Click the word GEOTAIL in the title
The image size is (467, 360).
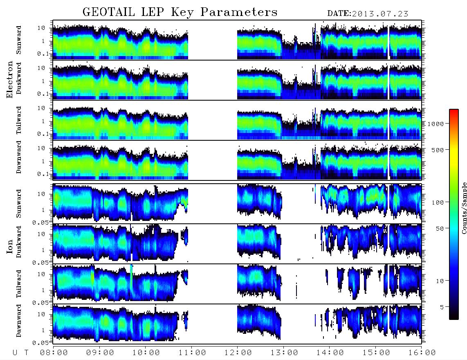(x=109, y=12)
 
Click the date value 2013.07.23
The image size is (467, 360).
(x=380, y=14)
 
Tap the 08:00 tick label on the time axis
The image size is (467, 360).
(x=54, y=353)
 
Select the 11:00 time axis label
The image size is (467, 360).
(x=192, y=353)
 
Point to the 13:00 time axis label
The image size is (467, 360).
(x=284, y=353)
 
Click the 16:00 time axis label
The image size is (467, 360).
(x=422, y=353)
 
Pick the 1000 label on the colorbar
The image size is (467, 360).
(x=436, y=124)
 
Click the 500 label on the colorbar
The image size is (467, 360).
(x=438, y=150)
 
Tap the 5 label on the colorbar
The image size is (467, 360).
(x=442, y=307)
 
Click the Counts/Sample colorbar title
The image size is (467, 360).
(x=464, y=208)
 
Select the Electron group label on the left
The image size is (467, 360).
(x=10, y=80)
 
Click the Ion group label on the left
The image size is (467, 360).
(x=10, y=247)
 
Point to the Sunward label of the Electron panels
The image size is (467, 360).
(x=19, y=40)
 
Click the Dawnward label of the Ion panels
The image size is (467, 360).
(x=19, y=321)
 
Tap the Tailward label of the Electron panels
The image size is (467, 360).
(x=19, y=120)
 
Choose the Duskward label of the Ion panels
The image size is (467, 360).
(x=19, y=242)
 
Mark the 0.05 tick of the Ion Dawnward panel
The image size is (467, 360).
(x=42, y=343)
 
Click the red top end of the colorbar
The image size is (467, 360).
(x=454, y=110)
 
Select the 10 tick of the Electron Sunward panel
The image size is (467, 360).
(x=41, y=28)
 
